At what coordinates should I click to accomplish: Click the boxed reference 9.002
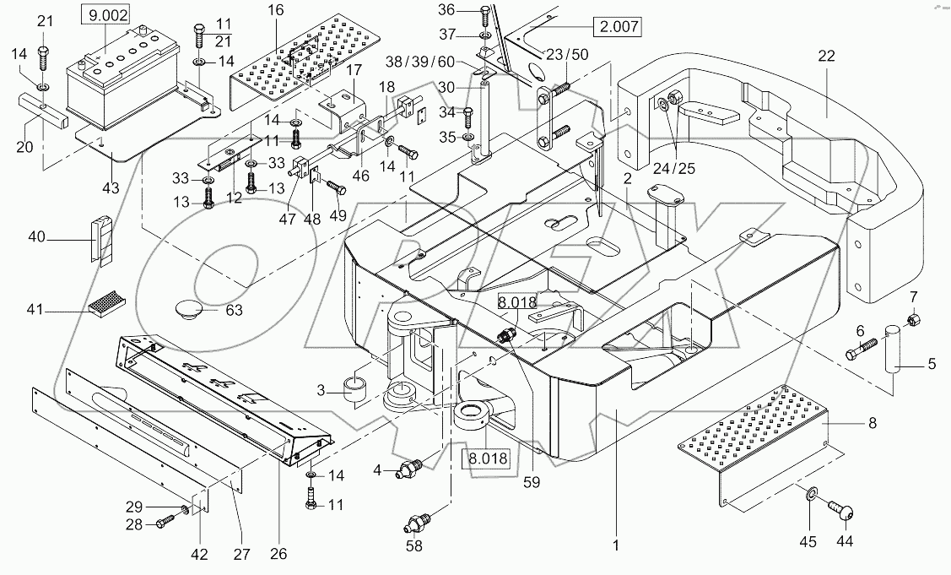click(105, 14)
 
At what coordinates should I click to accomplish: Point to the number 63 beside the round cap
click(234, 310)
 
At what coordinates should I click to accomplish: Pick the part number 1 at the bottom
click(617, 545)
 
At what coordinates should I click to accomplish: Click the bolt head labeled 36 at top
click(485, 12)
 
